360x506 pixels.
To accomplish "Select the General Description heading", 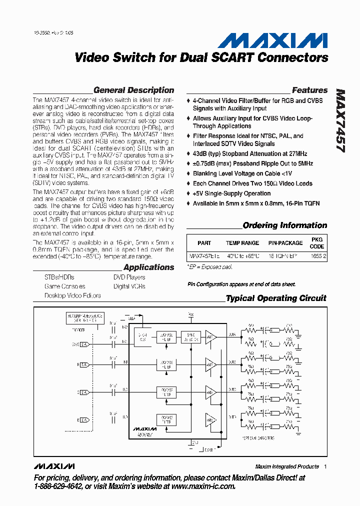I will point(133,90).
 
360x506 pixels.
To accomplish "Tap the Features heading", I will point(309,90).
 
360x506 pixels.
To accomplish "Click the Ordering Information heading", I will point(284,225).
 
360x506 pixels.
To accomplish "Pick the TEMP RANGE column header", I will point(242,243).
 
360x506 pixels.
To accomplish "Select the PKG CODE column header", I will point(317,243).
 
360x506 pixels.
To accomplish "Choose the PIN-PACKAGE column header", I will point(285,243).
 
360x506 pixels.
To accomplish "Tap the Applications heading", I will point(148,267).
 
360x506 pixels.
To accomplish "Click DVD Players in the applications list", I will point(129,277).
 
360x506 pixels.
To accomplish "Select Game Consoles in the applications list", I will point(64,286).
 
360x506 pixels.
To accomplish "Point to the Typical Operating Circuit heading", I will point(275,298).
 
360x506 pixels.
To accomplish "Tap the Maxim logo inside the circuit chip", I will point(144,428).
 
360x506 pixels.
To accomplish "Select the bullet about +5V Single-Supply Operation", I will point(231,193).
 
